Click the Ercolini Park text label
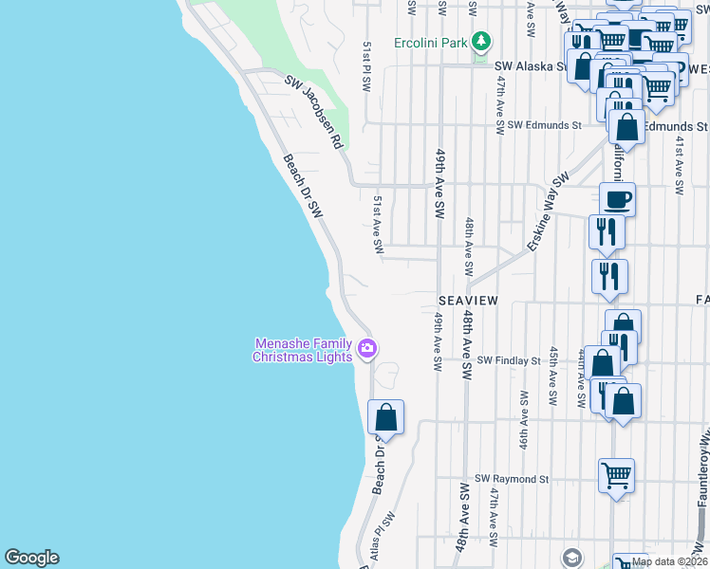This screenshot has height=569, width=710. [x=431, y=44]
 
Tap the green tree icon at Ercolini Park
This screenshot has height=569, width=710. [x=482, y=42]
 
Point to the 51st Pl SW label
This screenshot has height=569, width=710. [x=366, y=66]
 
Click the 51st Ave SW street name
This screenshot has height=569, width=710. [x=378, y=225]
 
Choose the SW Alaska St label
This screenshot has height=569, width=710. [x=531, y=66]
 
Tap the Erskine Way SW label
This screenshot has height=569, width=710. [x=548, y=211]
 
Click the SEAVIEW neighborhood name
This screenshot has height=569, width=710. [x=468, y=300]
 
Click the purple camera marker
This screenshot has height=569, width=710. [x=367, y=350]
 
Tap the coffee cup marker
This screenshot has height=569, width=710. [x=617, y=200]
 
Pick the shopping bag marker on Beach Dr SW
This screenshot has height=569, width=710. [x=385, y=417]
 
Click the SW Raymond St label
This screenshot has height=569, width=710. [x=513, y=479]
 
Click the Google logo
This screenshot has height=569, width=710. [x=31, y=558]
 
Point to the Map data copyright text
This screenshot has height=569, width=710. [x=670, y=561]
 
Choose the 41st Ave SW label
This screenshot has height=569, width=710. [x=680, y=165]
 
